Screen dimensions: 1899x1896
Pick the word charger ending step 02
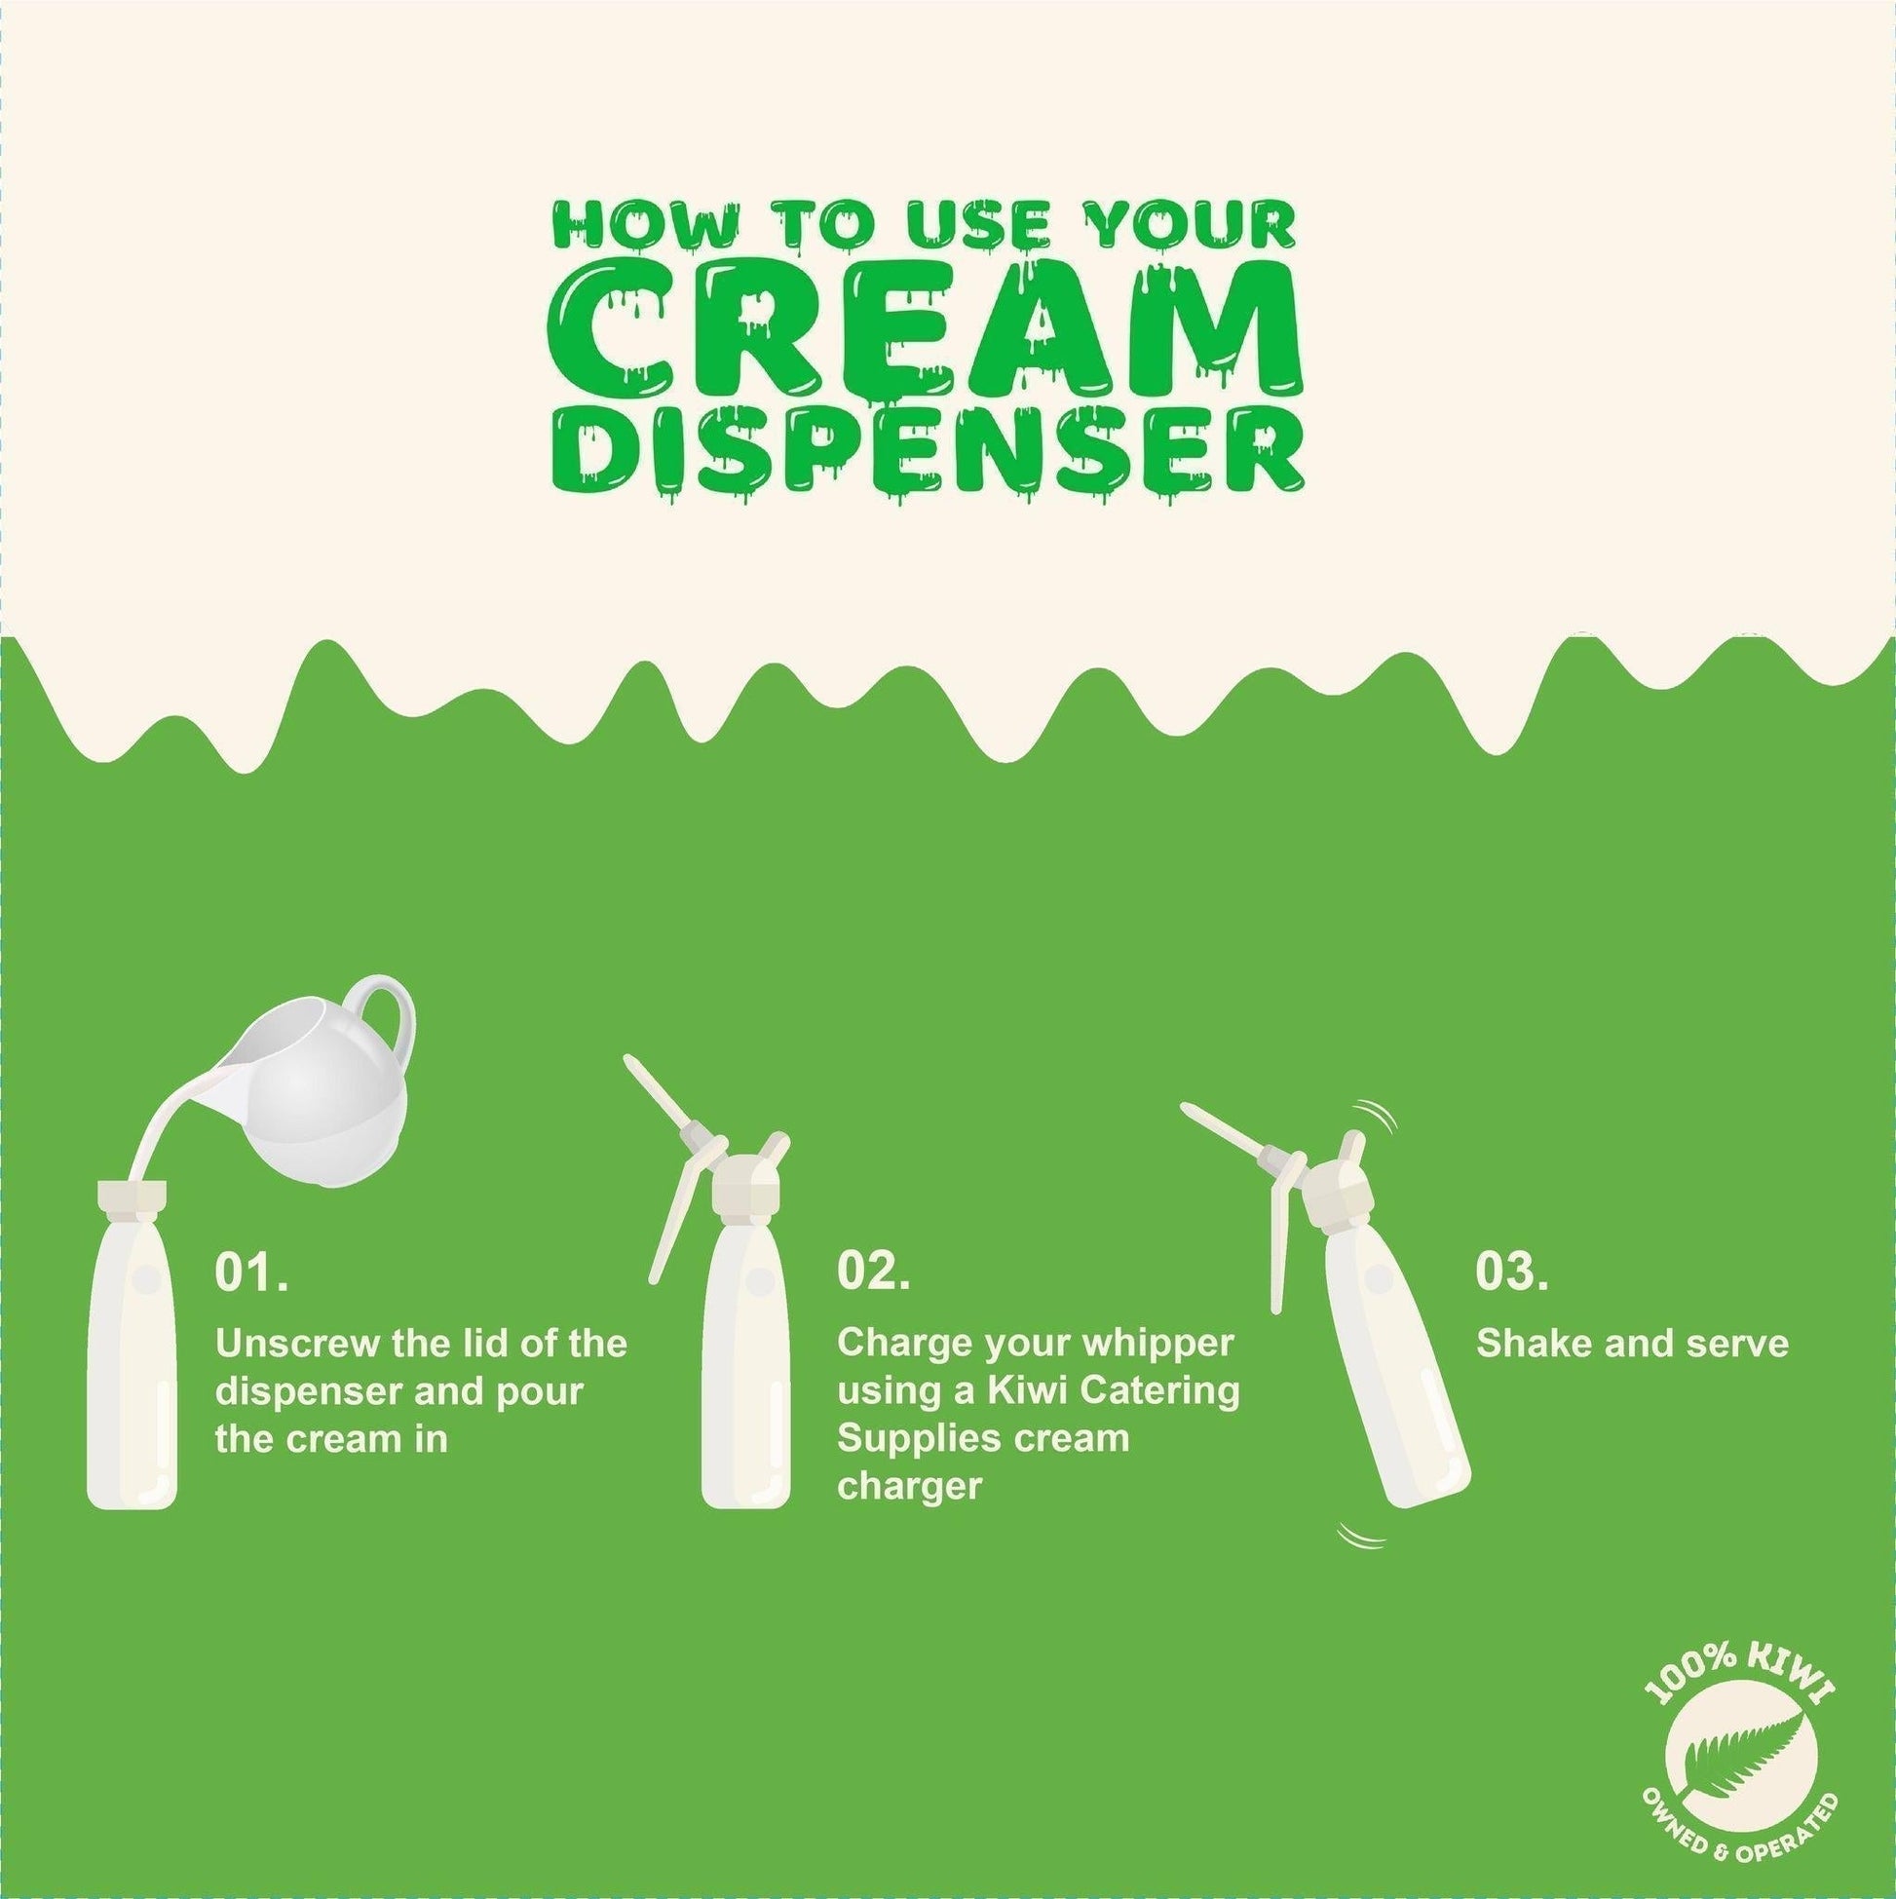909,1486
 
